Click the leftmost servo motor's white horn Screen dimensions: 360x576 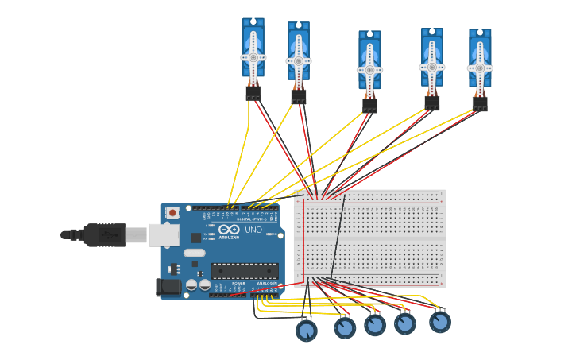pos(253,57)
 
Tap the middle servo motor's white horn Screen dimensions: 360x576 pos(369,69)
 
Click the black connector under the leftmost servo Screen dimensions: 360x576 pos(253,94)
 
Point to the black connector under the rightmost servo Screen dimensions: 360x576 pos(480,103)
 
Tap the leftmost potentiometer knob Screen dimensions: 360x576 pos(307,330)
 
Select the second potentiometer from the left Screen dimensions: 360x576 pos(345,327)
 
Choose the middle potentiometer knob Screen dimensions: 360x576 pos(375,324)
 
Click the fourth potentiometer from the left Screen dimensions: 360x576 pos(405,323)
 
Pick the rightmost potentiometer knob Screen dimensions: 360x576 pos(440,322)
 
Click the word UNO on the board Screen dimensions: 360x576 pos(253,230)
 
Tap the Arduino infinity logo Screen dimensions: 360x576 pos(229,229)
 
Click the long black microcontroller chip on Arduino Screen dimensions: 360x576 pos(245,270)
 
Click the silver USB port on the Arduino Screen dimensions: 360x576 pos(163,234)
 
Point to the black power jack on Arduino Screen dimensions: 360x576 pos(168,287)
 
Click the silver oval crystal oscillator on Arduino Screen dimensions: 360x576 pos(194,254)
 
